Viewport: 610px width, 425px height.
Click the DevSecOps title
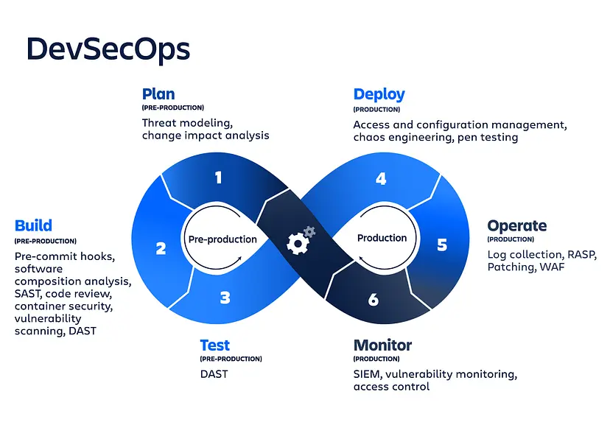(x=108, y=49)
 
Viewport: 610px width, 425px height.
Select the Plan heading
(x=158, y=94)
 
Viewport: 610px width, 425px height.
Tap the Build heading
(x=33, y=225)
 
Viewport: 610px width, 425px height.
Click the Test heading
(x=214, y=345)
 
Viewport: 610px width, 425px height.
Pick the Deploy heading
(x=379, y=94)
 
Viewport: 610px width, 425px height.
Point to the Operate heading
(x=516, y=225)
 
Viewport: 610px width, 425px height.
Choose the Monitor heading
(x=382, y=345)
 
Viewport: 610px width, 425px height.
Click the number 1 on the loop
(x=218, y=177)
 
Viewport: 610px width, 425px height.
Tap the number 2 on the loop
(x=161, y=248)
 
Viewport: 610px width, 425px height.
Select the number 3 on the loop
(x=225, y=298)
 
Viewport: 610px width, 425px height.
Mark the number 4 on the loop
(x=381, y=178)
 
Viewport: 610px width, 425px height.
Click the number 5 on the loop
(x=442, y=245)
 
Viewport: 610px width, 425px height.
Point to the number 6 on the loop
(x=374, y=299)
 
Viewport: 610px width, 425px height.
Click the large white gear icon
(x=297, y=244)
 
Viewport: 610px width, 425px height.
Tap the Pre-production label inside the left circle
(x=222, y=239)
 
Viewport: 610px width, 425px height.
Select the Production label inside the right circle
(x=382, y=238)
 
